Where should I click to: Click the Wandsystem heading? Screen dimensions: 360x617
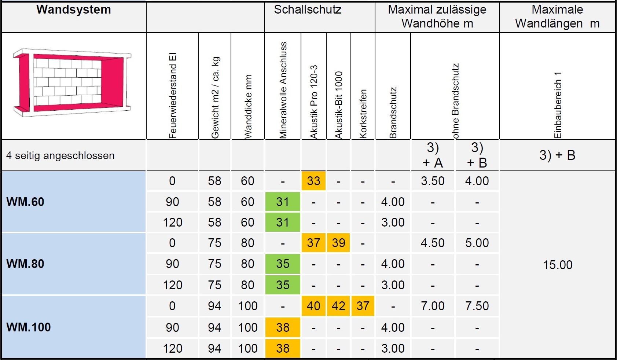pos(74,10)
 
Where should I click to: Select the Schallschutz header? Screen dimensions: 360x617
pos(308,10)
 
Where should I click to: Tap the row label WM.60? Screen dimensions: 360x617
pos(25,202)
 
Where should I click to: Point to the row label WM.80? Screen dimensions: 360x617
pos(25,264)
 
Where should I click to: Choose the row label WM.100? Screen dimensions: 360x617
pos(29,327)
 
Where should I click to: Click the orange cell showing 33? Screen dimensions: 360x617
pos(313,181)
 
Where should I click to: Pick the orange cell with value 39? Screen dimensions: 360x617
pos(338,243)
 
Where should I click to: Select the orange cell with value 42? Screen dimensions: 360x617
pos(338,306)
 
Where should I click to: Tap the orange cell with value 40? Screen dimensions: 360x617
pos(313,306)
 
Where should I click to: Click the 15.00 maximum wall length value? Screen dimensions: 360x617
pos(557,265)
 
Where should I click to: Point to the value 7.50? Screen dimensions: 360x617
pos(477,306)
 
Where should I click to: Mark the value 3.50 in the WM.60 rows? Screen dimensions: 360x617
pos(433,181)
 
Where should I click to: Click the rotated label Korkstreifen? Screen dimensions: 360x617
pos(363,114)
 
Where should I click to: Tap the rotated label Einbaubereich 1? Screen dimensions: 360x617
pos(558,105)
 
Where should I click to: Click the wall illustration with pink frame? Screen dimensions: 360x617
pos(72,82)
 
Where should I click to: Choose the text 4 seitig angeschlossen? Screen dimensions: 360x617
pos(60,156)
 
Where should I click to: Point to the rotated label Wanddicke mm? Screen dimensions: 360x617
pos(248,107)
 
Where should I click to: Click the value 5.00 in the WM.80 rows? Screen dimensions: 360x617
pos(477,243)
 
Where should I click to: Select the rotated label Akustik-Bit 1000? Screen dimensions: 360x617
pos(339,105)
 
